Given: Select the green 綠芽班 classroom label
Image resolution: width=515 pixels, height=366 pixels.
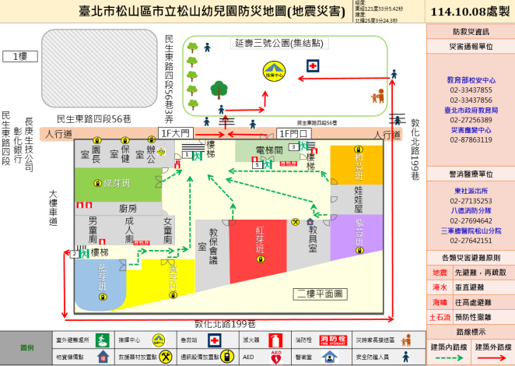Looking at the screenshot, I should click(117, 183).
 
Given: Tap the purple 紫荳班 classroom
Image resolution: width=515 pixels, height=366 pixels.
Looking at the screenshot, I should click(359, 226).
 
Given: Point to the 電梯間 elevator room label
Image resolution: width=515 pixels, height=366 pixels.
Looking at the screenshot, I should click(269, 150).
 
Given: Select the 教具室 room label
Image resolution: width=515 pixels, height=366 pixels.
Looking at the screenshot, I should click(312, 238).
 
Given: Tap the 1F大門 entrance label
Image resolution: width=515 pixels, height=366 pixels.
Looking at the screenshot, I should click(174, 132).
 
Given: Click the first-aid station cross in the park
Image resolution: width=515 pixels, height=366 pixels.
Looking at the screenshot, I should click(312, 66).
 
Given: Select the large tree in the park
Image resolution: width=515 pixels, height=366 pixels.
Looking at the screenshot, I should click(219, 88).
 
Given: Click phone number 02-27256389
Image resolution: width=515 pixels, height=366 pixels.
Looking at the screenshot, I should click(470, 120).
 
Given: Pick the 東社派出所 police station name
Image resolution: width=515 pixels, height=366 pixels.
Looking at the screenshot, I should click(470, 191).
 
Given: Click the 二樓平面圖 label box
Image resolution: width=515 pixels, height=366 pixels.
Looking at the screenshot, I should click(319, 293).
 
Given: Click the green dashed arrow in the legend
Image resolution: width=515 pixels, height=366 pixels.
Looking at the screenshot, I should click(447, 358).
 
